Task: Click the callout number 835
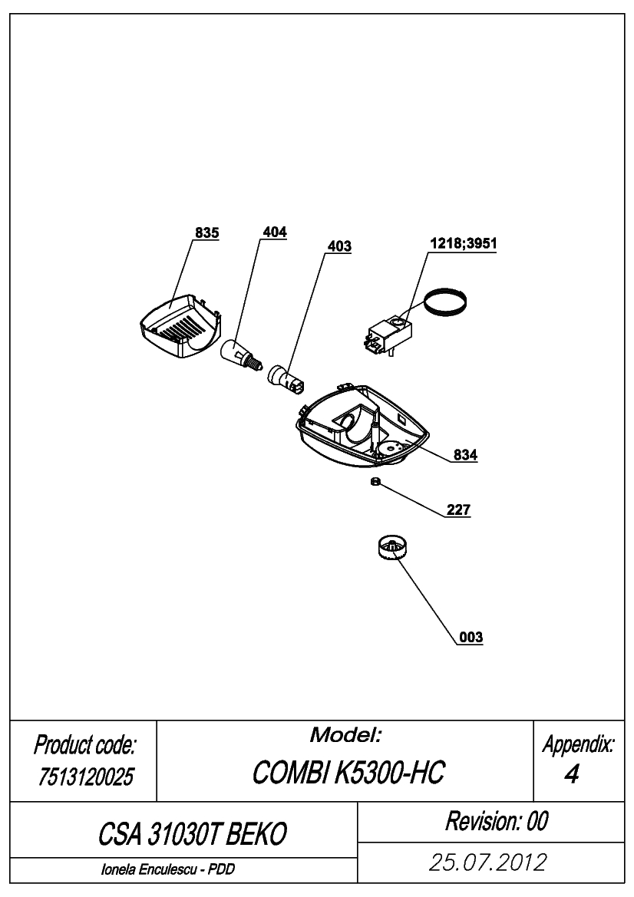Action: pos(206,232)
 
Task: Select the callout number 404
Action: pos(275,232)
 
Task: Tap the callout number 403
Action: pos(339,246)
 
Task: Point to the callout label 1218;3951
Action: pos(464,243)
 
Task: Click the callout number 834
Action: pos(465,455)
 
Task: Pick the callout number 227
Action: pos(458,510)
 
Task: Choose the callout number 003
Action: pos(471,637)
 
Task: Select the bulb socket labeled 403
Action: pos(286,380)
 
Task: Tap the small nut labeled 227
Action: pos(375,482)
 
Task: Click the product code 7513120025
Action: pos(86,777)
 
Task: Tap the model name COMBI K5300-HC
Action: pos(348,773)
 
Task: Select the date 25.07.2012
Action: pos(488,862)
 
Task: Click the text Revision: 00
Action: pos(497,821)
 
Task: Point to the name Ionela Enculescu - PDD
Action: pos(168,869)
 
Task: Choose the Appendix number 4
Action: pos(571,774)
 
